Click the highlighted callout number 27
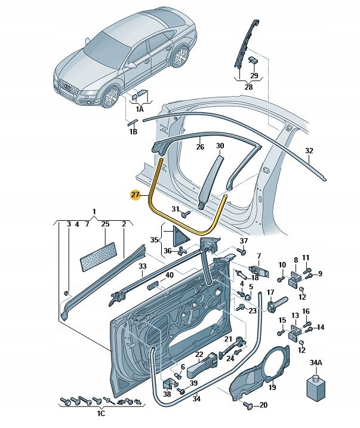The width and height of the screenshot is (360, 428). (x=135, y=194)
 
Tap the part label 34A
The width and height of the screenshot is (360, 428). (x=315, y=362)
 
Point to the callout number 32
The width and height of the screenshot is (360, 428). (x=309, y=151)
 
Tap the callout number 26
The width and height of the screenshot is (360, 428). (x=200, y=146)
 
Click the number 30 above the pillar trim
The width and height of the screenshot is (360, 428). (x=220, y=146)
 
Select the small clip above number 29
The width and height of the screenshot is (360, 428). (x=253, y=60)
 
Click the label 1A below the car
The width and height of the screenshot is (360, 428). (x=140, y=109)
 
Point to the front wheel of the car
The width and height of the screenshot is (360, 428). (x=110, y=97)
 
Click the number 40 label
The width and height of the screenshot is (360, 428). (x=170, y=275)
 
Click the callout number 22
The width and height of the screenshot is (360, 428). (x=199, y=355)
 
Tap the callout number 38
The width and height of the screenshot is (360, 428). (x=166, y=394)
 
